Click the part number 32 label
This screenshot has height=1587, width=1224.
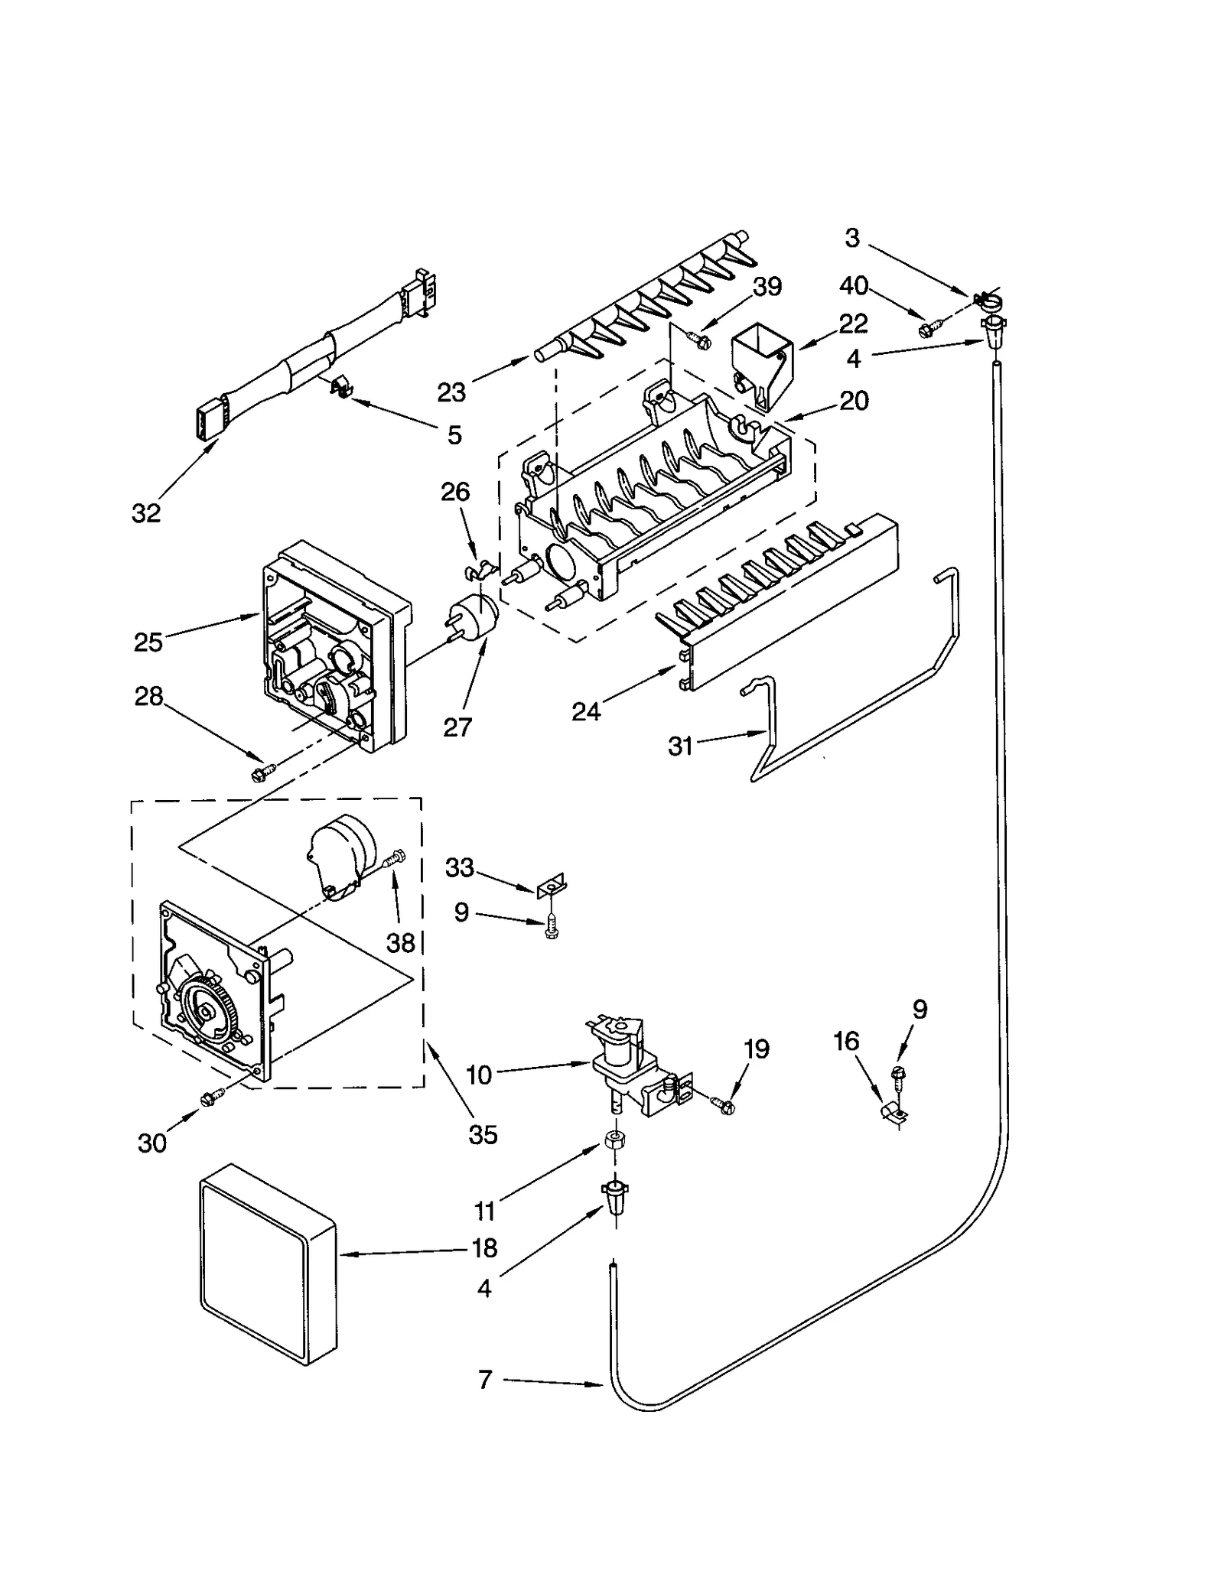(x=146, y=513)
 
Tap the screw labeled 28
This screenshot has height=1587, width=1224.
(x=259, y=774)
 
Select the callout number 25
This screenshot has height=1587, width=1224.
(x=148, y=642)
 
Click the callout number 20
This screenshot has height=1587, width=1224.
(x=855, y=400)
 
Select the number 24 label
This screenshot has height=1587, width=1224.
(x=586, y=711)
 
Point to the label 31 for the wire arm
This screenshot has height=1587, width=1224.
(x=680, y=745)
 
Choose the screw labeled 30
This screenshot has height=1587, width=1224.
(x=209, y=1098)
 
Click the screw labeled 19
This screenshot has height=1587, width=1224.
(x=724, y=1104)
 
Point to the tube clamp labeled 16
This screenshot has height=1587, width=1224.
(x=892, y=1112)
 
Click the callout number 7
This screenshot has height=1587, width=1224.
(x=485, y=1379)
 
